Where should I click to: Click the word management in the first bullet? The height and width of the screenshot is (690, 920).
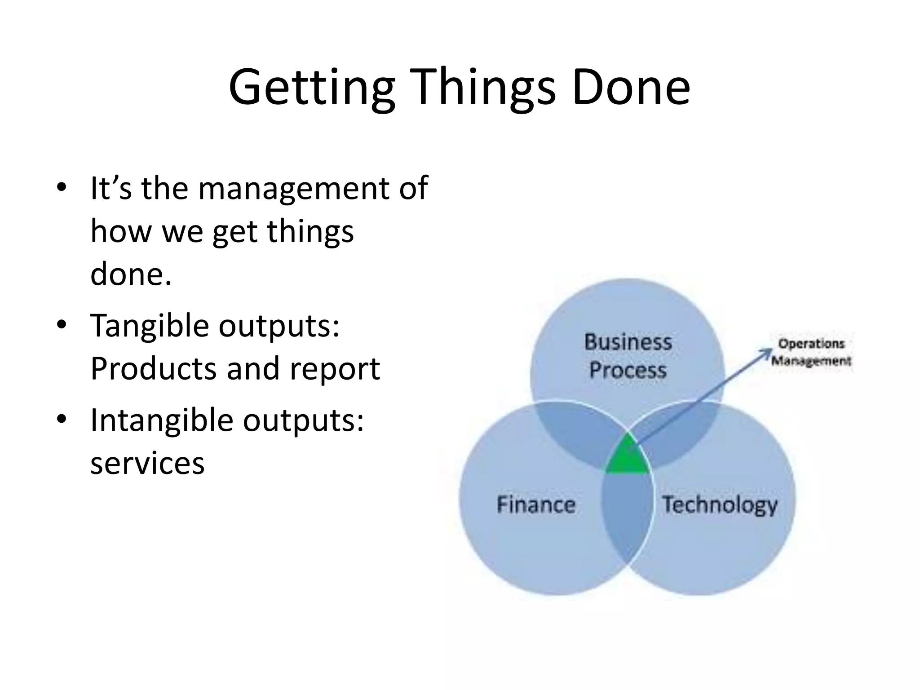(295, 189)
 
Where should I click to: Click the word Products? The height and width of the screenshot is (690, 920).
(153, 368)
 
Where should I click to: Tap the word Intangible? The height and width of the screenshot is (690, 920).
(162, 420)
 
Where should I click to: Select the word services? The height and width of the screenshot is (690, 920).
(147, 463)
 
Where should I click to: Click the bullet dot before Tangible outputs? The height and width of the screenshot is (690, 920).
(62, 324)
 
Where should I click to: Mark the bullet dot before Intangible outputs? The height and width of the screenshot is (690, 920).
(62, 419)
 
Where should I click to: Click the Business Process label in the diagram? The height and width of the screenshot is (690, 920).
(628, 356)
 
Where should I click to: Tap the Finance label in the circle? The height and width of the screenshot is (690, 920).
(536, 504)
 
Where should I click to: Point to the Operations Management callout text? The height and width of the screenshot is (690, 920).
(811, 352)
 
